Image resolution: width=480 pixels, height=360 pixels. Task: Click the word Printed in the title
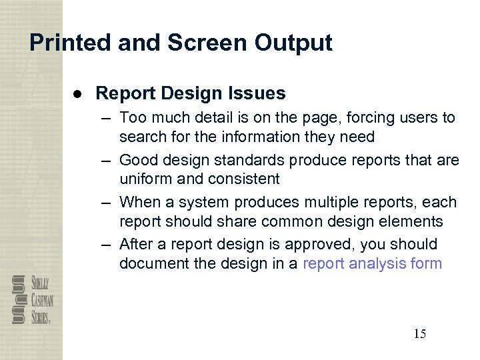coord(70,43)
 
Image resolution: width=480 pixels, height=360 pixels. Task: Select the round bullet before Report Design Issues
coord(78,93)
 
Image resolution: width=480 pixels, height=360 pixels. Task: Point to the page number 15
coord(419,334)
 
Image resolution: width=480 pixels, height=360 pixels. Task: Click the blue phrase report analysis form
coord(372,263)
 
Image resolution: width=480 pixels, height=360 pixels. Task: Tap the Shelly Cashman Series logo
coord(31,299)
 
